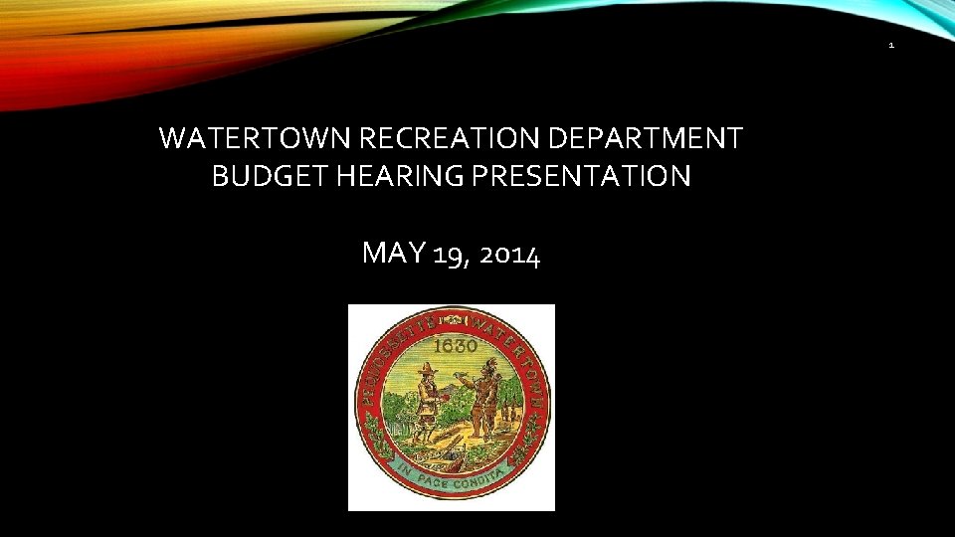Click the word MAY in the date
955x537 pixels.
[394, 254]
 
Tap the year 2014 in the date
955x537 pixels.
[509, 255]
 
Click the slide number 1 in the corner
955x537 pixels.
[891, 46]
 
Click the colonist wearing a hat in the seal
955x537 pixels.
[425, 403]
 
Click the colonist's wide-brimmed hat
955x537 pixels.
[427, 367]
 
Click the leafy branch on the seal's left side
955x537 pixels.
[375, 438]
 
